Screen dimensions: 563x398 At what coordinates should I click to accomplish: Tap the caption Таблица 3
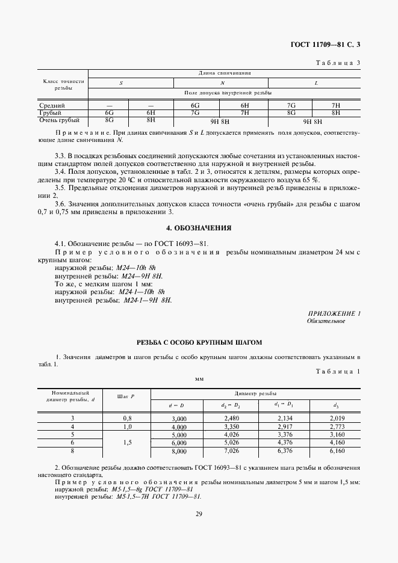point(338,62)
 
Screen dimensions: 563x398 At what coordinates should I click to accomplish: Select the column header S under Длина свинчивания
point(121,83)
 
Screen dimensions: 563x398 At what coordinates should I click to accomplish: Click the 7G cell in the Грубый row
point(194,112)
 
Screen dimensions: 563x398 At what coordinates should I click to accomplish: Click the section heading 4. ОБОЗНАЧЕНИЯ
point(199,228)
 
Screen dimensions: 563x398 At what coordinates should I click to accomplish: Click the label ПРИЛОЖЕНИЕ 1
point(334,314)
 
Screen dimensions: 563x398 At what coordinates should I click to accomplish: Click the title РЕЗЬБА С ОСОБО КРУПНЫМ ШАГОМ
point(199,342)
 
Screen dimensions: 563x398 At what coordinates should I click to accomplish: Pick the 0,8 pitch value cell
point(127,418)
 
